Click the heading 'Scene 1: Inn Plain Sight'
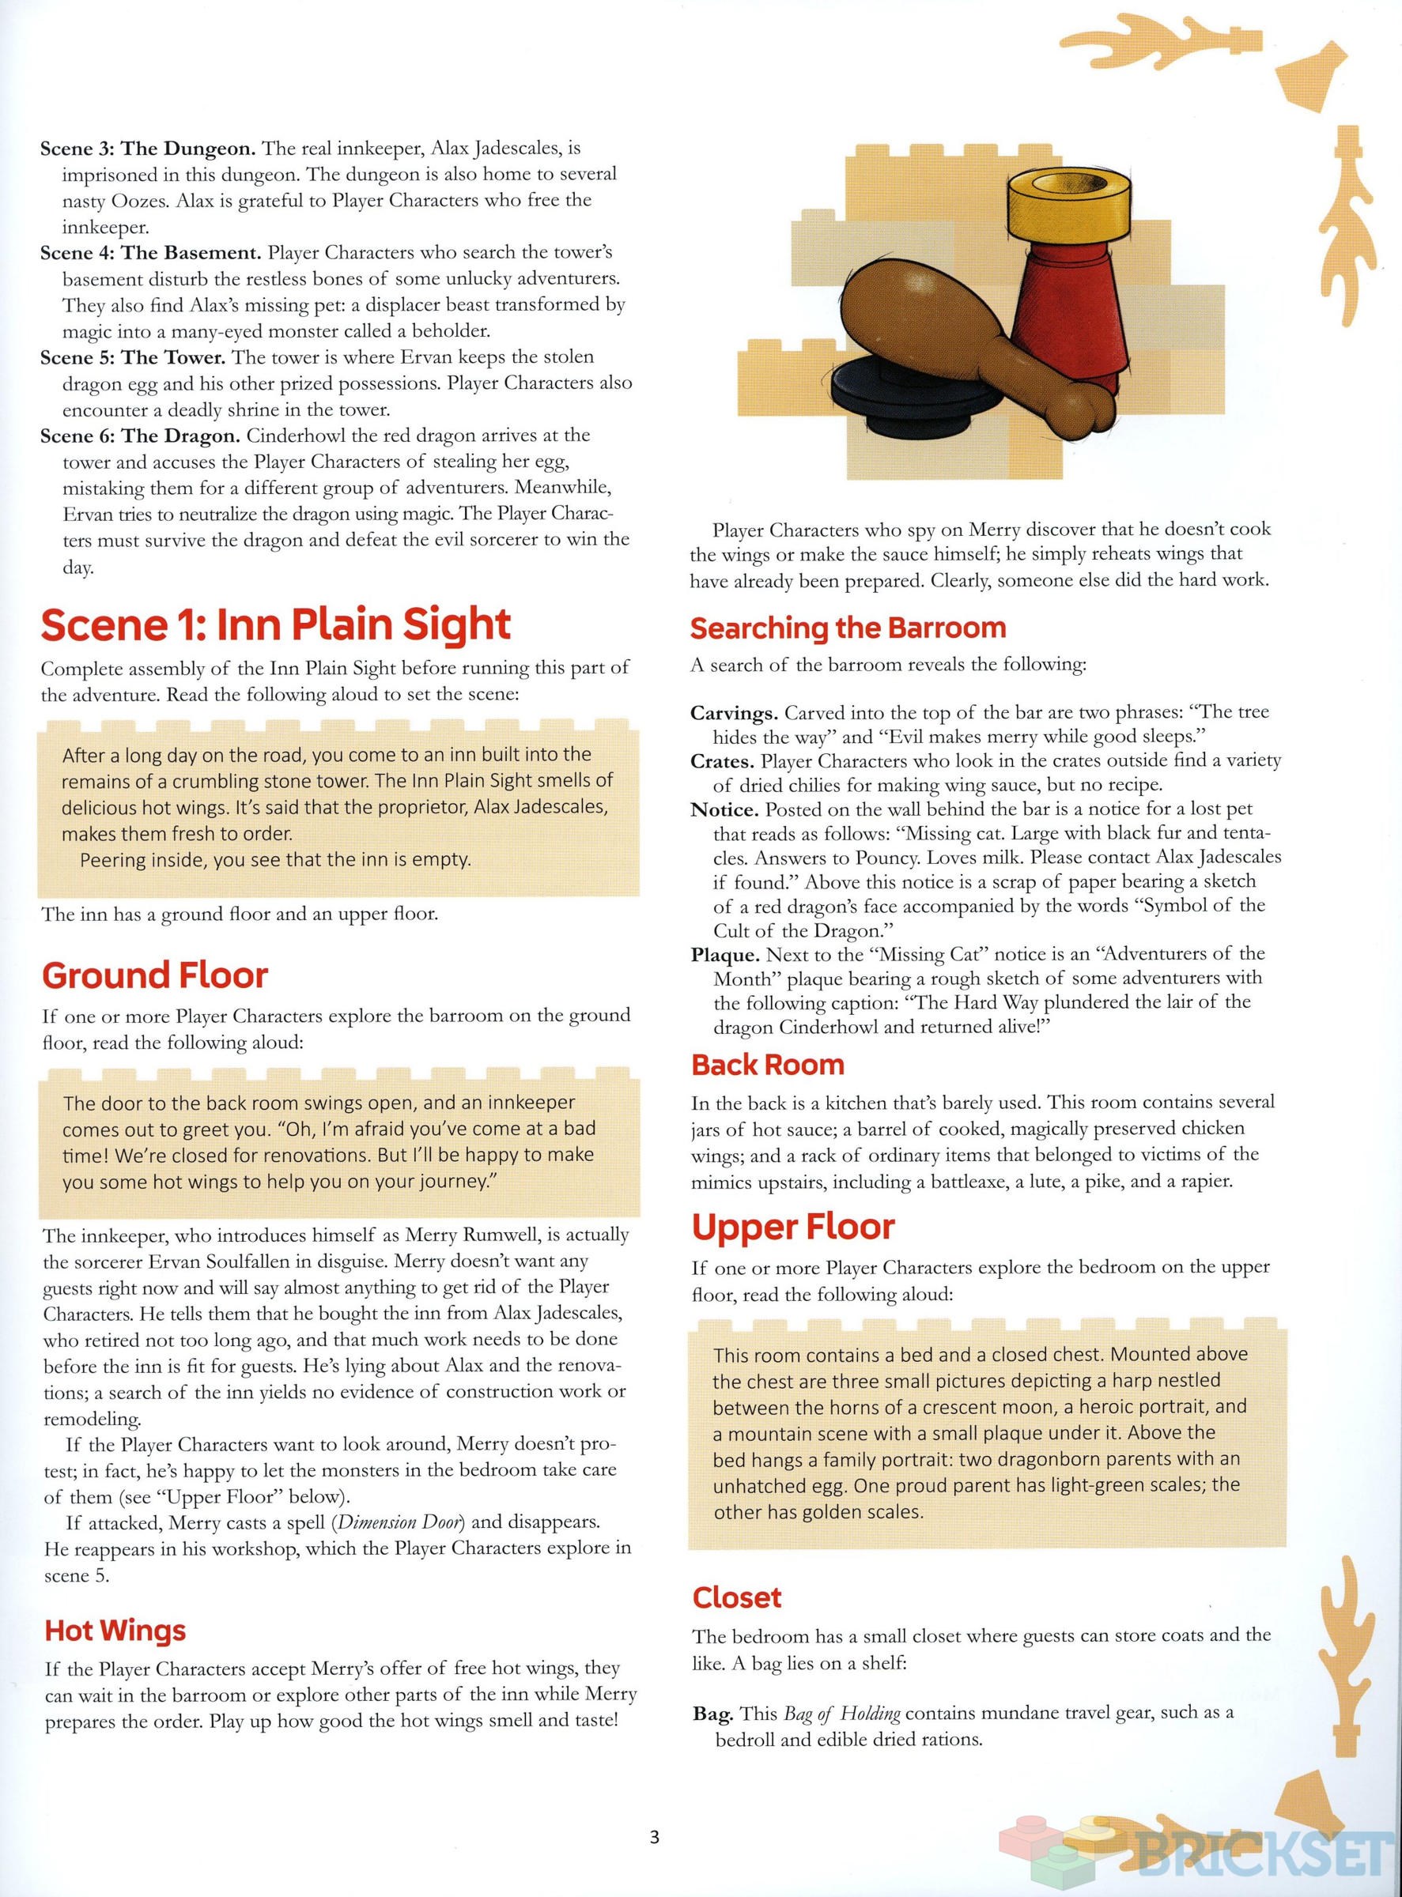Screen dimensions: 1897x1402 [276, 625]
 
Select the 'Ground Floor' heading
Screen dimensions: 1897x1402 [154, 975]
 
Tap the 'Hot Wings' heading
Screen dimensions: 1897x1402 [115, 1630]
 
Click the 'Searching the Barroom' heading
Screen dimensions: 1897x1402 [848, 628]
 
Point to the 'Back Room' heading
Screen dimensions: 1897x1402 [767, 1064]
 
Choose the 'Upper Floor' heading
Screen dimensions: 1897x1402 [792, 1227]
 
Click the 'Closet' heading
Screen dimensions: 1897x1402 [737, 1597]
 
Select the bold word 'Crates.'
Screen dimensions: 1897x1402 [722, 761]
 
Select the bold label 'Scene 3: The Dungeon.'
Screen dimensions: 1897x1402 [148, 149]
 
